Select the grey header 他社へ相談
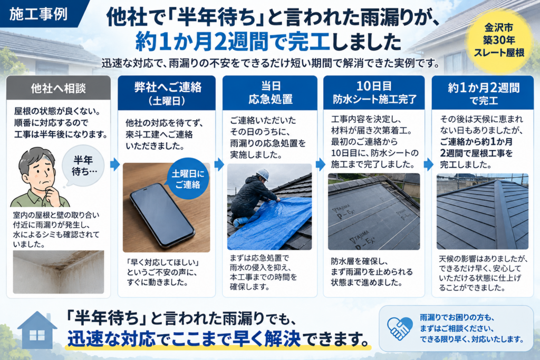click(x=59, y=88)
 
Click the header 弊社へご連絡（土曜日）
click(x=167, y=93)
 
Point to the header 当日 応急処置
click(x=270, y=93)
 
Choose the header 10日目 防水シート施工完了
click(x=374, y=93)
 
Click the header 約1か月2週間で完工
click(x=483, y=93)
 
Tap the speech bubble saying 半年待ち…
click(x=83, y=166)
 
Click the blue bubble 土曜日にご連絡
click(x=188, y=179)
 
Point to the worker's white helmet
click(x=263, y=174)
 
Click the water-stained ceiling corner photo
click(x=59, y=272)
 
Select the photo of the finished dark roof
click(x=483, y=211)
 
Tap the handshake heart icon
click(x=400, y=328)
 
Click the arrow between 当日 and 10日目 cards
click(x=320, y=164)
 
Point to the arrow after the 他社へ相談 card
click(x=115, y=164)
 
